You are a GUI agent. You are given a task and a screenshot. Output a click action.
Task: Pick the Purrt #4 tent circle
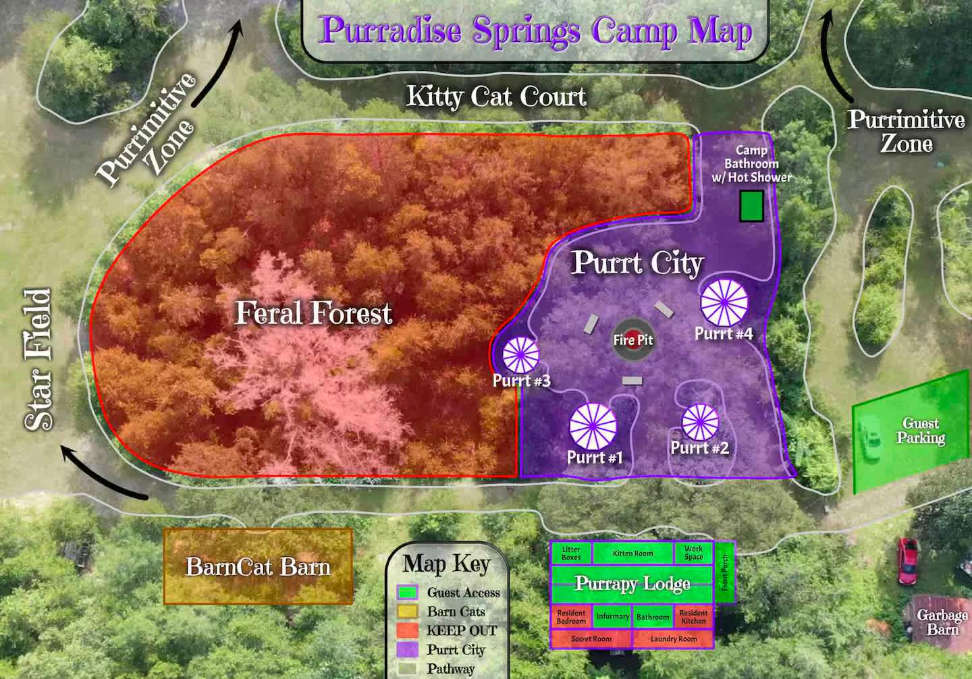pos(724,302)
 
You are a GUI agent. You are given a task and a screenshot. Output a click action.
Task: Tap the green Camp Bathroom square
pos(751,206)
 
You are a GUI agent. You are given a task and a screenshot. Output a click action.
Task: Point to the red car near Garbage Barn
pos(907,561)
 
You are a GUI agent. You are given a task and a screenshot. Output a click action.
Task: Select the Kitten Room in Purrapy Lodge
pos(632,553)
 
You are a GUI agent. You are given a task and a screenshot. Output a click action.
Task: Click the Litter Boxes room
pos(571,553)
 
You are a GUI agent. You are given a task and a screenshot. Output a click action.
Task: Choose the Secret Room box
pos(591,639)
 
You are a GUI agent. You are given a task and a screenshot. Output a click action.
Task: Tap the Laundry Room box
pos(673,639)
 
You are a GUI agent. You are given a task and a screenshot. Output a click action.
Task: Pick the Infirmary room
pos(612,616)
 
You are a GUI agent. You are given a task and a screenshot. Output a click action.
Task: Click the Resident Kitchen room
pos(693,616)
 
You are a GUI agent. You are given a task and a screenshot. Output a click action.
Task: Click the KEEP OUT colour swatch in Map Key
pos(406,630)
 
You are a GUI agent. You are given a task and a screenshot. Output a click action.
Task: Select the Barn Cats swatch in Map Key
pos(406,612)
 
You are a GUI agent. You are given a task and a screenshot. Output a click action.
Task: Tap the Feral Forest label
pos(313,313)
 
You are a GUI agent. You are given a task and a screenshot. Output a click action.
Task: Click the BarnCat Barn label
pos(258,566)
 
